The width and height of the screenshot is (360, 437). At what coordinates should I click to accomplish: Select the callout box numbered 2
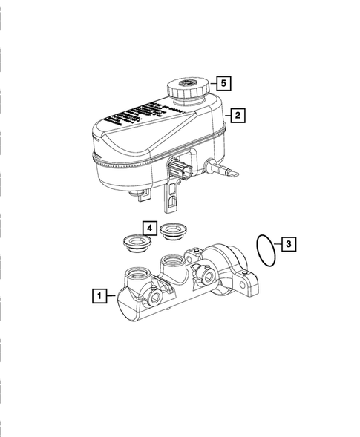point(237,116)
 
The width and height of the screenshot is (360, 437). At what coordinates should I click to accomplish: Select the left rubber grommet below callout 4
point(134,242)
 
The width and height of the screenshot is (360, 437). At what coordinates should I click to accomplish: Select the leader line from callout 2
point(226,116)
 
